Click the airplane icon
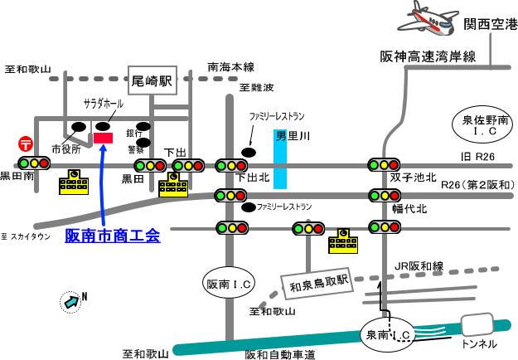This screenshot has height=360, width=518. pos(427,17)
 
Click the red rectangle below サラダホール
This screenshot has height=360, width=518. pos(104,137)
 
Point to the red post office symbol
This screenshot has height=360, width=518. pos(26,144)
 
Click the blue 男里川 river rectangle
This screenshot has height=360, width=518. pos(281,158)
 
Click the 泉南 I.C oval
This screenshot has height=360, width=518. pos(389,334)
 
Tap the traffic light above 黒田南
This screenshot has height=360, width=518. pos(34,163)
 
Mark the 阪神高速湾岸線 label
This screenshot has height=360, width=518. pos(428,56)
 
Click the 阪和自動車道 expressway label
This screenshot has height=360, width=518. pos(280,354)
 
